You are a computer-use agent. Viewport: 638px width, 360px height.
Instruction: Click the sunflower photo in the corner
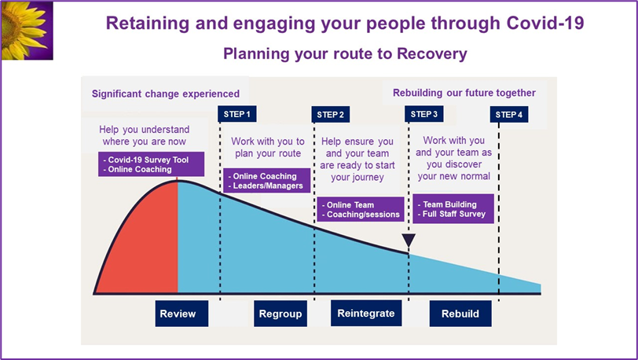[x=27, y=31]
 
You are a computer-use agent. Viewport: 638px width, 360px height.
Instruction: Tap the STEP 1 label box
[x=237, y=114]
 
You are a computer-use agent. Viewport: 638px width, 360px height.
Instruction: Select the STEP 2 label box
[x=330, y=115]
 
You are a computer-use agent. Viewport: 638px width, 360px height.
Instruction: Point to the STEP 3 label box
[x=424, y=114]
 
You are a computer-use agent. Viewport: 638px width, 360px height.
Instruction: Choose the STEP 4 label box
[x=509, y=115]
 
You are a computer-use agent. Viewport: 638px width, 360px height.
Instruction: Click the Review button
[x=181, y=314]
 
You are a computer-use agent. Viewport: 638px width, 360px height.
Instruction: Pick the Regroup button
[x=280, y=314]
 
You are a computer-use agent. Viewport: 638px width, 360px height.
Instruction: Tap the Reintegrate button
[x=366, y=313]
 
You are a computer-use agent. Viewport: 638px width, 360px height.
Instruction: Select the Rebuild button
[x=460, y=314]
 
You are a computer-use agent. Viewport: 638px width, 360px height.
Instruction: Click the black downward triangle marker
[x=409, y=240]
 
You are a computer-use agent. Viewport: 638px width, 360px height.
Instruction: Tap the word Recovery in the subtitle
[x=432, y=53]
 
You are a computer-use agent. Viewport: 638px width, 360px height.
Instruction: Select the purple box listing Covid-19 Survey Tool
[x=152, y=164]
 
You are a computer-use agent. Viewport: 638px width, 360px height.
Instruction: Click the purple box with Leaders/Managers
[x=267, y=181]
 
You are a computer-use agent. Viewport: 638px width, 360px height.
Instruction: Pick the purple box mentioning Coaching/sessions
[x=361, y=209]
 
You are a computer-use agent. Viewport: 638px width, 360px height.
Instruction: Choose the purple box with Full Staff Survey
[x=453, y=208]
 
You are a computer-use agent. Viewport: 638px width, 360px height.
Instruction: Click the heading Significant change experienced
[x=166, y=94]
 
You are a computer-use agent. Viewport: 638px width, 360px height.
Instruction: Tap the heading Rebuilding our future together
[x=464, y=93]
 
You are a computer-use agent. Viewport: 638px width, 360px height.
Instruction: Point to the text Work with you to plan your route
[x=268, y=148]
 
